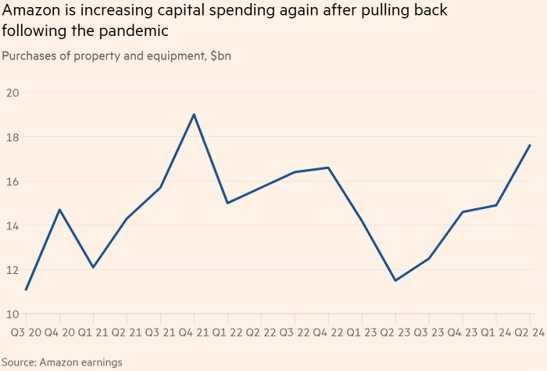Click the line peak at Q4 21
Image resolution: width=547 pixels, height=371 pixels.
194,114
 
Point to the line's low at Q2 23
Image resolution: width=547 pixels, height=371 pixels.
395,280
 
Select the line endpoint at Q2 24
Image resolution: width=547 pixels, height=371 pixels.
530,145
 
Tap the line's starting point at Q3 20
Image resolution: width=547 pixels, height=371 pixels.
26,290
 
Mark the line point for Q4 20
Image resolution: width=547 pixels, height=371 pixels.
59,210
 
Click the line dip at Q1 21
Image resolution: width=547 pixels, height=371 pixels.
93,268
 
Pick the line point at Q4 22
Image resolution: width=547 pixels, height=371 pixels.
328,167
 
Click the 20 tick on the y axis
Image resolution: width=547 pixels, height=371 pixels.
12,92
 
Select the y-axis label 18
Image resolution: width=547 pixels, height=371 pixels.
12,137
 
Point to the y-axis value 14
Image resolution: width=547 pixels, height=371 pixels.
12,225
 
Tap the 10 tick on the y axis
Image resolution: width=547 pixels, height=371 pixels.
12,314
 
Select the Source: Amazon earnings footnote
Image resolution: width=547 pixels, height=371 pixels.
62,362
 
